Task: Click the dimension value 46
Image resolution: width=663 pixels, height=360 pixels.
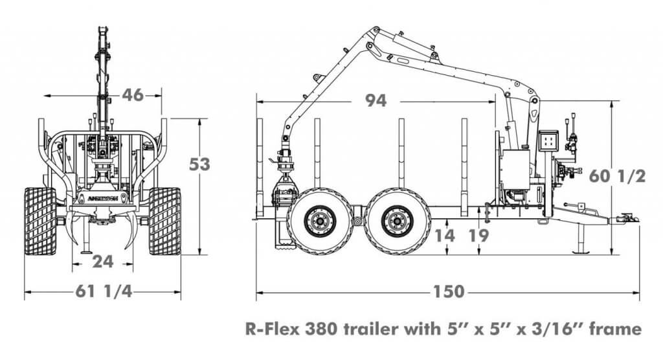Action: (x=132, y=95)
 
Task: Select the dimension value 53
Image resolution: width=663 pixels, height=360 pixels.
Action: (x=199, y=164)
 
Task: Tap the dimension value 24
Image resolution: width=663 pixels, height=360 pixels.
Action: (x=103, y=262)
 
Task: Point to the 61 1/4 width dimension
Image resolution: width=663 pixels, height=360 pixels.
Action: (x=103, y=292)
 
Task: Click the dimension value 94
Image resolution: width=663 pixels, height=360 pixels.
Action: (x=376, y=101)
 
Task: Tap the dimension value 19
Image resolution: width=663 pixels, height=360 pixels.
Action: (x=478, y=235)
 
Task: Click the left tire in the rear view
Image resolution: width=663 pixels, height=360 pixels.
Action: (x=40, y=221)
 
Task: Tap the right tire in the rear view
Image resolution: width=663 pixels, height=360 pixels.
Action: (x=164, y=221)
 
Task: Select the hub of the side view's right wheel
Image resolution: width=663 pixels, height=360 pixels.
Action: (x=396, y=221)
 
